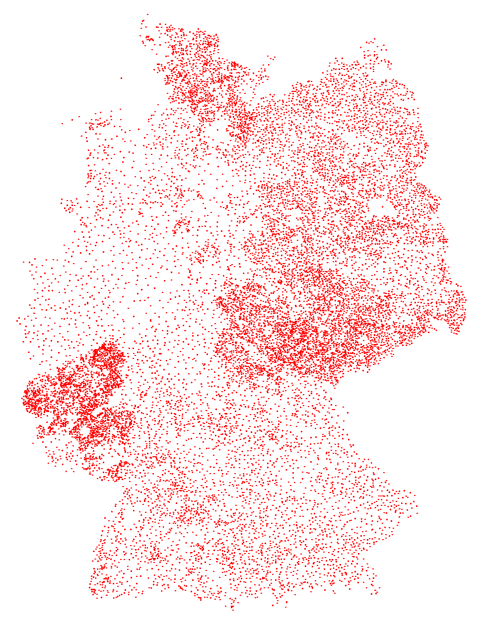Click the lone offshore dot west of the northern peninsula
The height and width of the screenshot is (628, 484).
[x=122, y=78]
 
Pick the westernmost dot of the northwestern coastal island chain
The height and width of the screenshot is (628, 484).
[x=62, y=123]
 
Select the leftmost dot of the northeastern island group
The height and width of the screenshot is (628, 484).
[x=360, y=48]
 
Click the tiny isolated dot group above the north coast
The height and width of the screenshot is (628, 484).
[x=271, y=58]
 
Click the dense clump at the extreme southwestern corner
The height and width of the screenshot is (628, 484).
[x=93, y=591]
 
